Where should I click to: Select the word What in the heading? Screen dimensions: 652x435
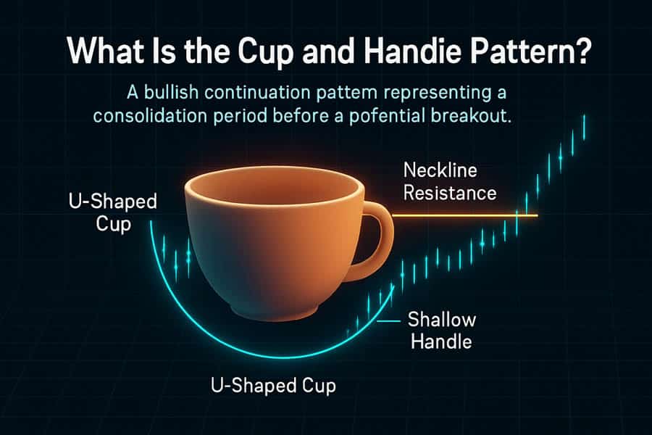[106, 51]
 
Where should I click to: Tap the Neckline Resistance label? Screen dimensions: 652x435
[450, 182]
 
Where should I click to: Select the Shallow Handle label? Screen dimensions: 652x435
[442, 331]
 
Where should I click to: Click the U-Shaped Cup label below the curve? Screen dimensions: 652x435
[273, 386]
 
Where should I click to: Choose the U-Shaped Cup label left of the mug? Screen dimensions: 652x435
[113, 212]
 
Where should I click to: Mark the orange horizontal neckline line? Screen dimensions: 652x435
[465, 215]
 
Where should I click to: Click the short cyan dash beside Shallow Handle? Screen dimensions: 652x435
[388, 321]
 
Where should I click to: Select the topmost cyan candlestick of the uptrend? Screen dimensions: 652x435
[584, 128]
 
